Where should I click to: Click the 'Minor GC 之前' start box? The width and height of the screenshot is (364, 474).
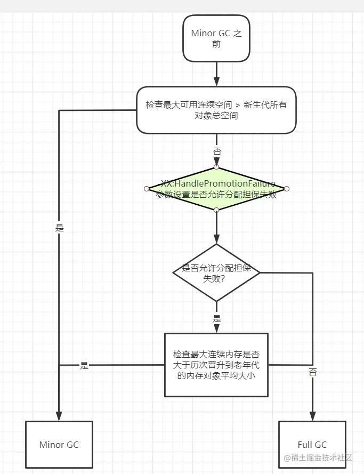pyautogui.click(x=216, y=38)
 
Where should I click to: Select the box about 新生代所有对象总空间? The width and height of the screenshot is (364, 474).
pyautogui.click(x=216, y=110)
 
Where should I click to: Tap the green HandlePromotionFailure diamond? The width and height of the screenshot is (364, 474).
pyautogui.click(x=216, y=189)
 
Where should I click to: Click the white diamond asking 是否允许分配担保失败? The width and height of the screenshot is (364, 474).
pyautogui.click(x=216, y=272)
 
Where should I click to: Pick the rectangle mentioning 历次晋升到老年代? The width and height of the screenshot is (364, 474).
pyautogui.click(x=216, y=365)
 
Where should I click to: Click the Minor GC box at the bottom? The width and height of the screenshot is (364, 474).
pyautogui.click(x=59, y=445)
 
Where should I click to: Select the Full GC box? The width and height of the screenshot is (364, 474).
pyautogui.click(x=312, y=445)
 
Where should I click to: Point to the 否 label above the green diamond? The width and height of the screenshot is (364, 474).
pyautogui.click(x=217, y=151)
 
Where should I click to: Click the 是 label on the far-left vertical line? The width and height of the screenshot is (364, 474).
pyautogui.click(x=59, y=228)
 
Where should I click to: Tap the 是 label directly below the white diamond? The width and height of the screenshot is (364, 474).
pyautogui.click(x=217, y=318)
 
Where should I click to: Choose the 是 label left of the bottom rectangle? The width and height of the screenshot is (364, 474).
pyautogui.click(x=84, y=366)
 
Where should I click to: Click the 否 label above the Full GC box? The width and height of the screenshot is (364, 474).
pyautogui.click(x=312, y=372)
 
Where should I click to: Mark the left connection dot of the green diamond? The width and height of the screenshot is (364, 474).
pyautogui.click(x=146, y=189)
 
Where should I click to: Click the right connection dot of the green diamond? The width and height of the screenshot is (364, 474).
pyautogui.click(x=286, y=189)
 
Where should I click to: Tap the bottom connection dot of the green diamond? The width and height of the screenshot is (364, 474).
pyautogui.click(x=216, y=210)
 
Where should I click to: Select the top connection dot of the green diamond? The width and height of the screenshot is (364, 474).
pyautogui.click(x=216, y=167)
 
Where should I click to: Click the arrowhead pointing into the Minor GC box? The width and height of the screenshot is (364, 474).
pyautogui.click(x=59, y=416)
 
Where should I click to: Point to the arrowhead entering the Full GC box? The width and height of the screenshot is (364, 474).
pyautogui.click(x=312, y=416)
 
